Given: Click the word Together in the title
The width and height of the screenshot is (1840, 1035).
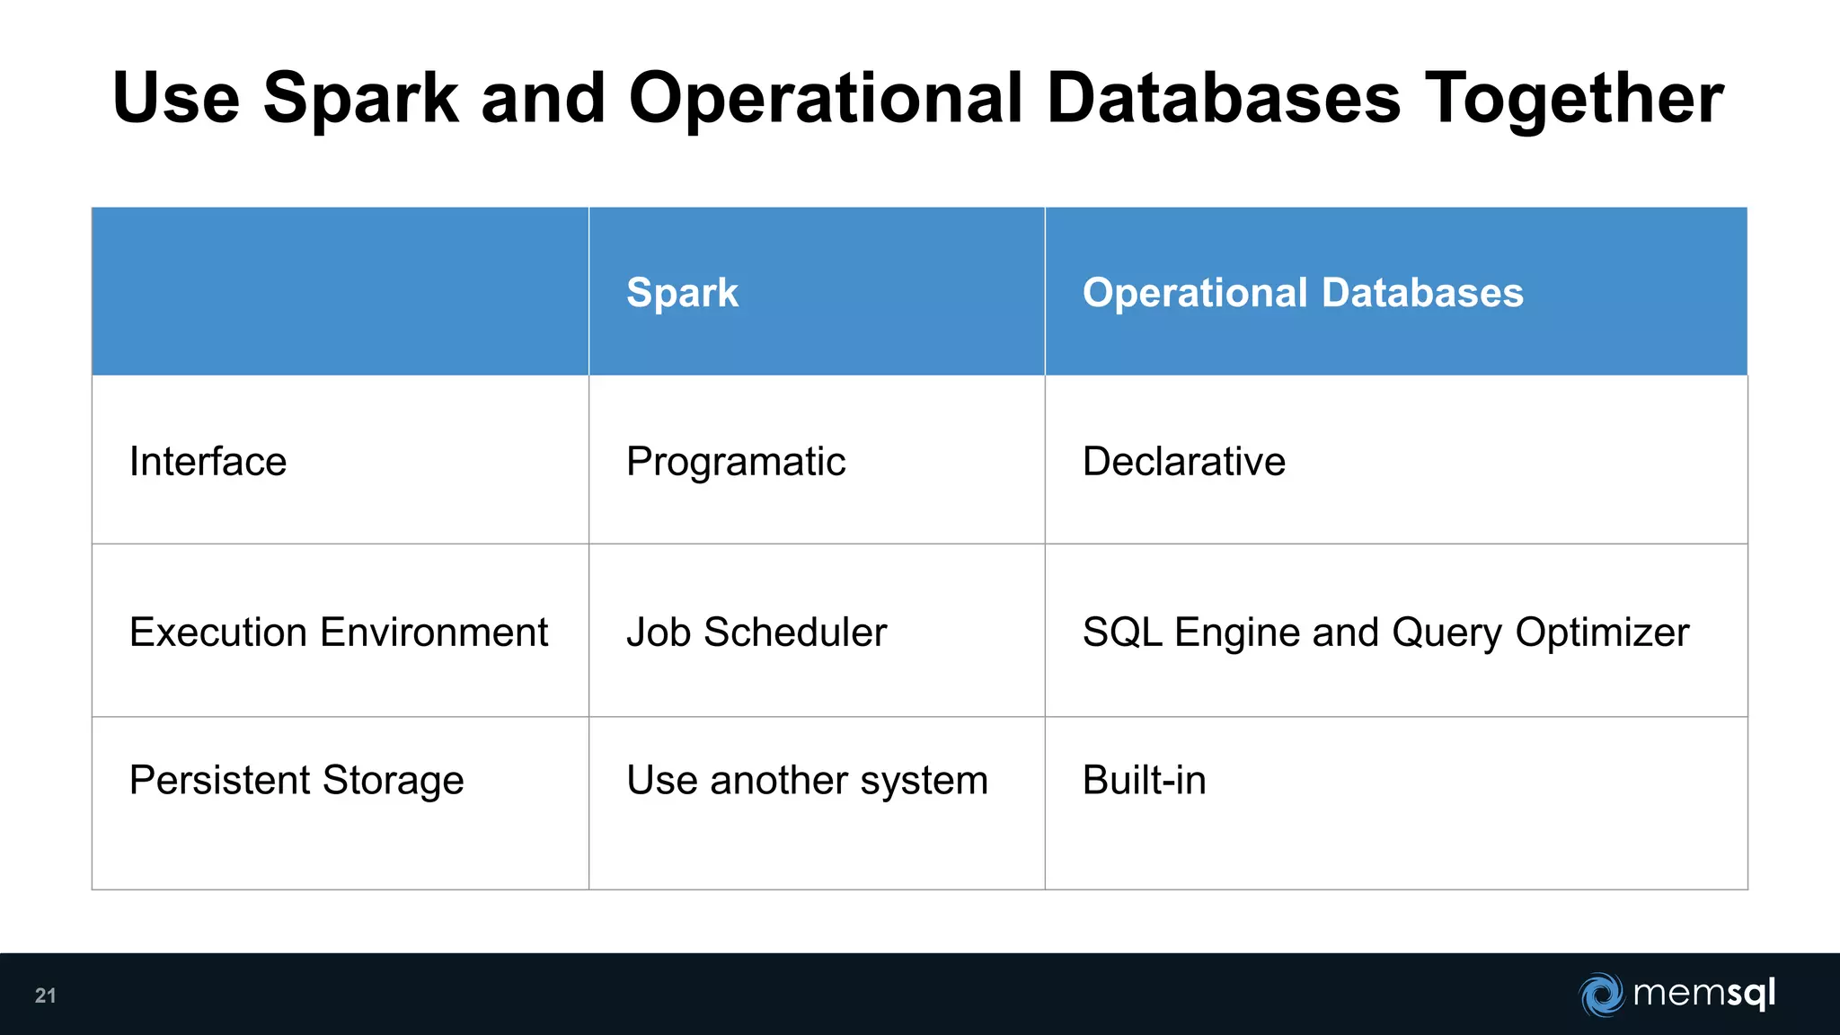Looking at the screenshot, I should tap(1574, 99).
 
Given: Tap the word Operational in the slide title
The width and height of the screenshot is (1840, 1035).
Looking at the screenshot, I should tap(826, 99).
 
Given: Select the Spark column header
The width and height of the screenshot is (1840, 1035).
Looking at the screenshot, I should tap(682, 293).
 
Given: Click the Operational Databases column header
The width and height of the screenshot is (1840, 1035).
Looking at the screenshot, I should tap(1303, 293).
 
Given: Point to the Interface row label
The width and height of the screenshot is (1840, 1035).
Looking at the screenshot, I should tap(208, 462).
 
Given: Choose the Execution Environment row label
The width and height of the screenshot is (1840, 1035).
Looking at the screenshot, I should tap(338, 632).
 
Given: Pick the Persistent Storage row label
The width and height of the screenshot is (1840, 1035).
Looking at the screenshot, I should tap(296, 780).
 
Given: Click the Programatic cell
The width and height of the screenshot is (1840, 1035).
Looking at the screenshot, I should tap(736, 462).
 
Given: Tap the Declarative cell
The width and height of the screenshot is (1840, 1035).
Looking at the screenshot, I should tap(1184, 462).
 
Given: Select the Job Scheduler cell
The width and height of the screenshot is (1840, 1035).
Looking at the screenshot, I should tap(756, 632).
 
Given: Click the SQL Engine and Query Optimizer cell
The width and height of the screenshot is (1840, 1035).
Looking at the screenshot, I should tap(1385, 632).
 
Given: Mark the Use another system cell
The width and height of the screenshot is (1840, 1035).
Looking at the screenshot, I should tap(807, 780).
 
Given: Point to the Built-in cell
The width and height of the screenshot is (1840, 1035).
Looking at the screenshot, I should tap(1144, 780).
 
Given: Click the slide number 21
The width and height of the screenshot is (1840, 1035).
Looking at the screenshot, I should tap(45, 995).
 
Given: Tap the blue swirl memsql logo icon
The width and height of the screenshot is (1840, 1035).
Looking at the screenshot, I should tap(1601, 995).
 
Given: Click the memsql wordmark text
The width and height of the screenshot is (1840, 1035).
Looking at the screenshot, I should tap(1703, 994).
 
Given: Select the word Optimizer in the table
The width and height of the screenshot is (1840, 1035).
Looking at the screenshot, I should tap(1602, 632).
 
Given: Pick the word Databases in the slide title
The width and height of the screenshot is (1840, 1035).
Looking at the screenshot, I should tap(1224, 99).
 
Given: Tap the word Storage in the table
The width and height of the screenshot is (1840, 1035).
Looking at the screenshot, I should tap(393, 780).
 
